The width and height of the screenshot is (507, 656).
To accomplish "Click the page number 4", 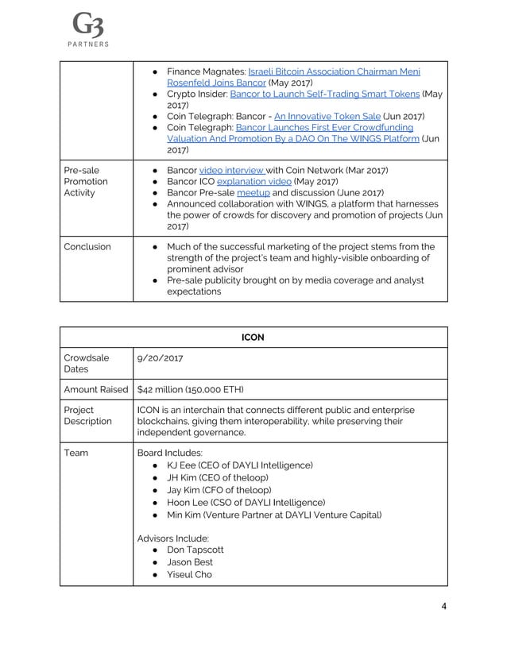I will point(443,608).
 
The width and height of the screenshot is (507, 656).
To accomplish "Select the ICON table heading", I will point(253,337).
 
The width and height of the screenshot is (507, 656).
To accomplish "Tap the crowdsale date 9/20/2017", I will point(160,358).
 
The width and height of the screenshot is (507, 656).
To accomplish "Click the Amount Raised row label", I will point(95,391).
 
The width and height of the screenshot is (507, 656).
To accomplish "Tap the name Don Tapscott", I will point(195,549).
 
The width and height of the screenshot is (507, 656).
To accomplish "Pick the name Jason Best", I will point(189,561).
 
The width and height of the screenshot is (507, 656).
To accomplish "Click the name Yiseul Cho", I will point(189,574).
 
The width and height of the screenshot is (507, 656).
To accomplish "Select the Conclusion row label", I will point(87,246).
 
